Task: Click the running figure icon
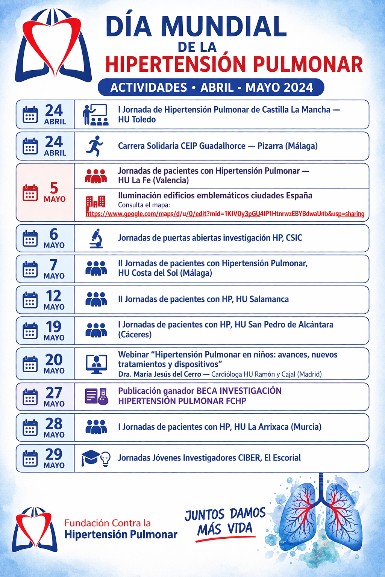click(95, 146)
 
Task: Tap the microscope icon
click(96, 238)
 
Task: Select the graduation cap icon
click(90, 458)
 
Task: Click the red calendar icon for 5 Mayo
click(30, 192)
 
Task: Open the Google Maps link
click(225, 214)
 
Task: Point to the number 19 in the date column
click(54, 327)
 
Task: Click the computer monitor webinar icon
click(96, 364)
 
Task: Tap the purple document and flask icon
click(97, 396)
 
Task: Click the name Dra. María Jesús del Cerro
click(160, 374)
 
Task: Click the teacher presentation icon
click(95, 115)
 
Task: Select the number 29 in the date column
click(54, 454)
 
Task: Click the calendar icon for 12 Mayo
click(30, 300)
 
